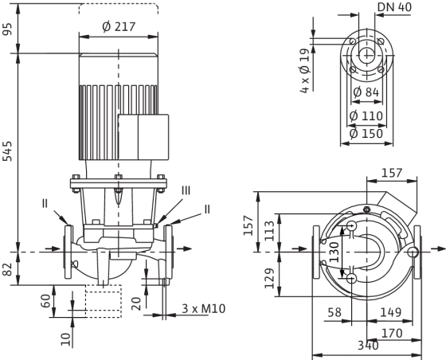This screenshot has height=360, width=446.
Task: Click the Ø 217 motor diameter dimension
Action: click(x=119, y=27)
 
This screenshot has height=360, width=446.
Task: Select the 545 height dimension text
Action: click(x=7, y=151)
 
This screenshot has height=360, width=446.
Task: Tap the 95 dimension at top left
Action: click(x=7, y=29)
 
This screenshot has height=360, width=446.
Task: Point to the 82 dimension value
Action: click(x=7, y=269)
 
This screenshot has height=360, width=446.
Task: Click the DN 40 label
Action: click(x=394, y=7)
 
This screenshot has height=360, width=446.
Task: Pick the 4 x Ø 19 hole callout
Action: click(x=304, y=71)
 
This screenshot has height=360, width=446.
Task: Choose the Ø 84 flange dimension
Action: click(x=366, y=92)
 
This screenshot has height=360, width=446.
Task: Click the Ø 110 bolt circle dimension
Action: click(x=366, y=115)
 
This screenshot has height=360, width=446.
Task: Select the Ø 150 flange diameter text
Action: click(x=366, y=133)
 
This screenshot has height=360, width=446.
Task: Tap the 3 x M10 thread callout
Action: click(x=204, y=308)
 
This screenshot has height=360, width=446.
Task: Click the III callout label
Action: click(x=186, y=190)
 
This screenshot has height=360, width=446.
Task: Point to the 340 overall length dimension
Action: click(x=368, y=345)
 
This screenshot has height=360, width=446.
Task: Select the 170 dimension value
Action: click(x=392, y=333)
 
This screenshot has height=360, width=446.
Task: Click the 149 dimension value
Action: click(x=390, y=312)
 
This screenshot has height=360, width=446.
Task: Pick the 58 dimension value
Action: click(x=334, y=312)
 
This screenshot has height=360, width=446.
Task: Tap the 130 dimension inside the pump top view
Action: click(x=334, y=252)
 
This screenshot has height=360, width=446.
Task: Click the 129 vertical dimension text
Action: click(x=270, y=278)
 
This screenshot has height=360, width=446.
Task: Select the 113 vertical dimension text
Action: click(x=270, y=231)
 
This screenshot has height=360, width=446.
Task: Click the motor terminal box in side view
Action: click(x=143, y=137)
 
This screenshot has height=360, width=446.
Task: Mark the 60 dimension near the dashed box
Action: click(x=46, y=301)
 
